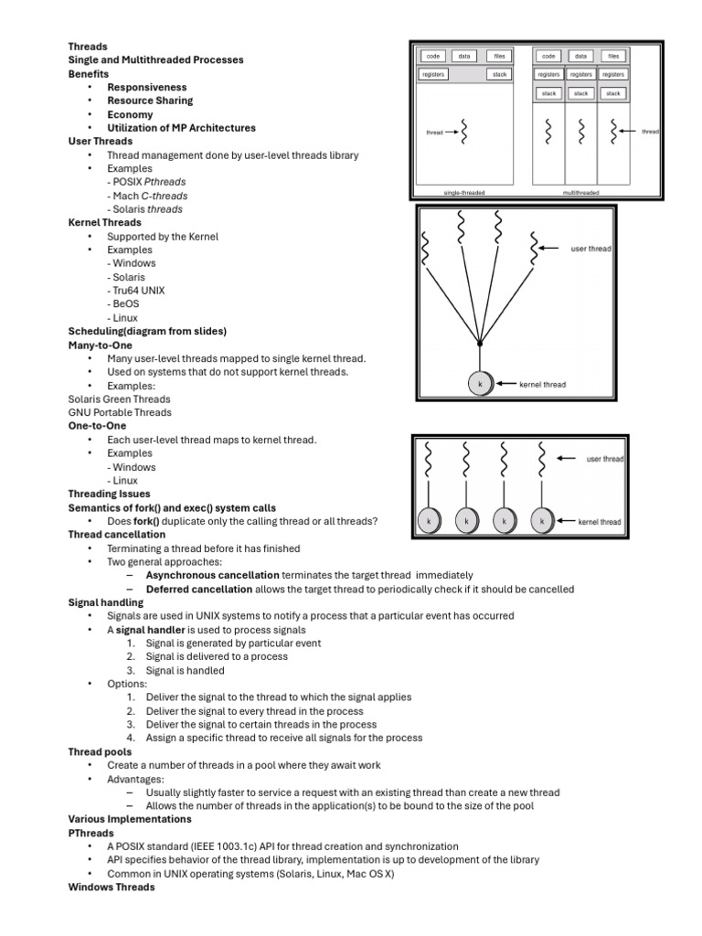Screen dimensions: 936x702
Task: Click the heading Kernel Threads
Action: pos(104,222)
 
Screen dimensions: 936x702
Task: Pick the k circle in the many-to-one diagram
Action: pos(480,384)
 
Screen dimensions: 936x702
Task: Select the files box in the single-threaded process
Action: pos(500,56)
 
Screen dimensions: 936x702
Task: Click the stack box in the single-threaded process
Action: pos(500,74)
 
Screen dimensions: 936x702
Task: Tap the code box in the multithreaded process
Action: pos(548,56)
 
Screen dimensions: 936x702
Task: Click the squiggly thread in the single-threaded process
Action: pos(463,132)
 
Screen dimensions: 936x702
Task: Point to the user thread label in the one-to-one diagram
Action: pos(605,459)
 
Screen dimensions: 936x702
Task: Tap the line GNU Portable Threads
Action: pos(119,412)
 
